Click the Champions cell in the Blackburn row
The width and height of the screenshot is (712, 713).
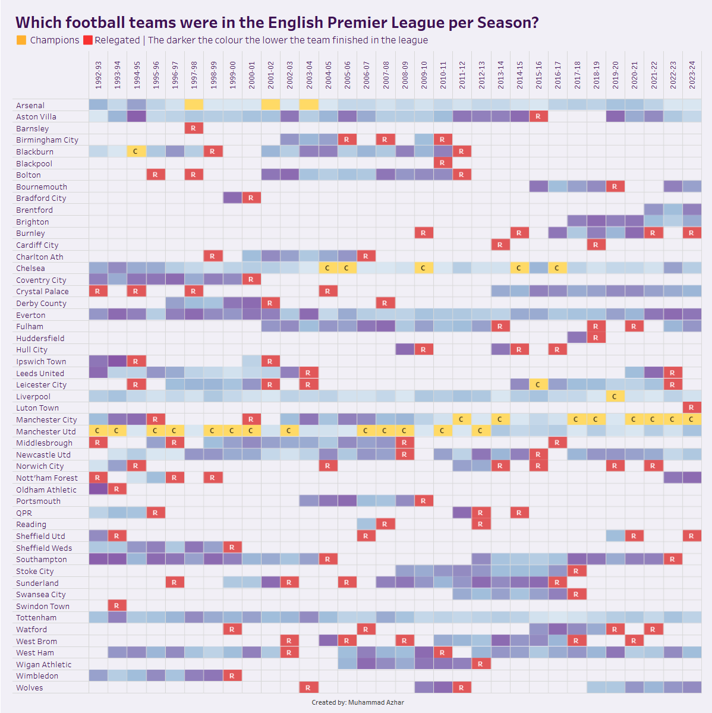(136, 152)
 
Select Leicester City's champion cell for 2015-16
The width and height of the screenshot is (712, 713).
(538, 384)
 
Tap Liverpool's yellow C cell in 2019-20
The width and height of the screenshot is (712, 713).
(615, 396)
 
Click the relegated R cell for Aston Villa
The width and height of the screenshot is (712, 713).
(538, 116)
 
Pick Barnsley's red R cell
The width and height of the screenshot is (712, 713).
(194, 128)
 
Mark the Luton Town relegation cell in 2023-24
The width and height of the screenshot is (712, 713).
(692, 408)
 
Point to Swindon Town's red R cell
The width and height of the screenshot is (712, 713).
(117, 605)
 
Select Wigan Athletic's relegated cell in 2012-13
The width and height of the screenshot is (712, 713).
(481, 664)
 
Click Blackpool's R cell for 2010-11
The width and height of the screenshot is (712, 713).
(443, 163)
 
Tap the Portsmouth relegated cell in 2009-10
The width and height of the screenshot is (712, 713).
(424, 501)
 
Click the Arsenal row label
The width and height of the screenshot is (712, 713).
(30, 105)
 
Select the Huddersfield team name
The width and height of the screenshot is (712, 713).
(40, 338)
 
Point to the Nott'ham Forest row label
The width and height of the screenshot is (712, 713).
(47, 478)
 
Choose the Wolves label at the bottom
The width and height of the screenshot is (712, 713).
(30, 687)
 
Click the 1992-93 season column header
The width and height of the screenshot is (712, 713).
(99, 75)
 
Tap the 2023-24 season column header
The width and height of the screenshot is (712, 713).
(692, 75)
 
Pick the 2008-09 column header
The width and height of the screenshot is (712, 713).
(405, 75)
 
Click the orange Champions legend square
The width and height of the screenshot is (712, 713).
(21, 40)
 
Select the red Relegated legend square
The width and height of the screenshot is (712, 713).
(88, 40)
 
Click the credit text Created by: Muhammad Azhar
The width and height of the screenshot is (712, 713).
(358, 702)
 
